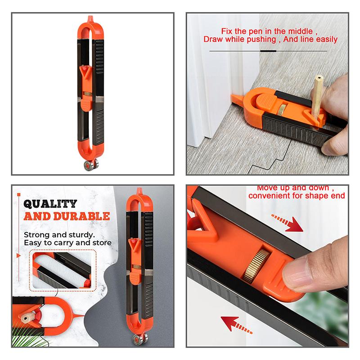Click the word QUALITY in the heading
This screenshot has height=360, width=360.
(50, 204)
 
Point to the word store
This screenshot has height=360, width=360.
(101, 243)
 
